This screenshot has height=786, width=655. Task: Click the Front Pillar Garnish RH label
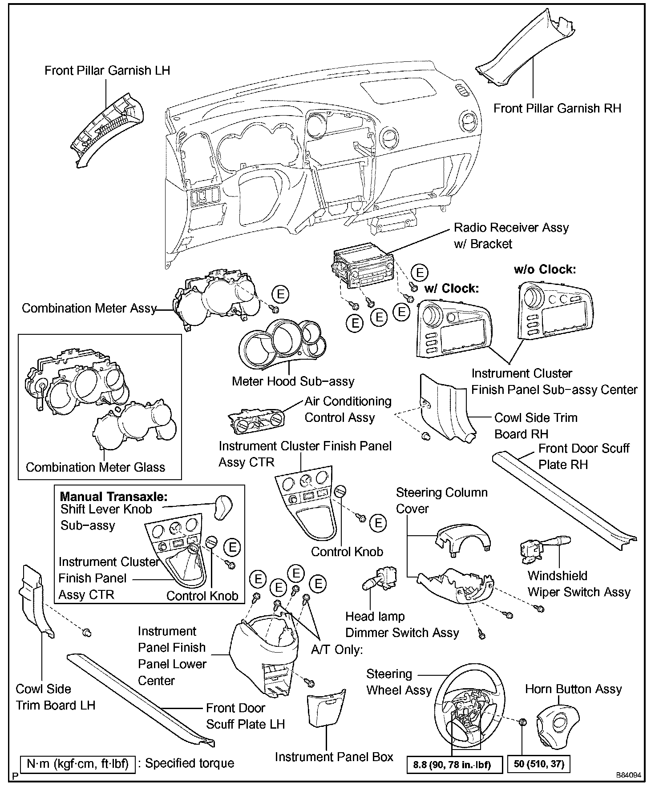(557, 108)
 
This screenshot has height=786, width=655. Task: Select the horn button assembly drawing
(558, 722)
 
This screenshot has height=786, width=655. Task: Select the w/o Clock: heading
(545, 269)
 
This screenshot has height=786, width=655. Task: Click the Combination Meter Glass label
(95, 467)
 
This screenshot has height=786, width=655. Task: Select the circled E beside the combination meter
(281, 294)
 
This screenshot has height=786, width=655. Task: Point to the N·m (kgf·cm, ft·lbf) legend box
(78, 764)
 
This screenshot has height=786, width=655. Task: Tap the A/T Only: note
(337, 650)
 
